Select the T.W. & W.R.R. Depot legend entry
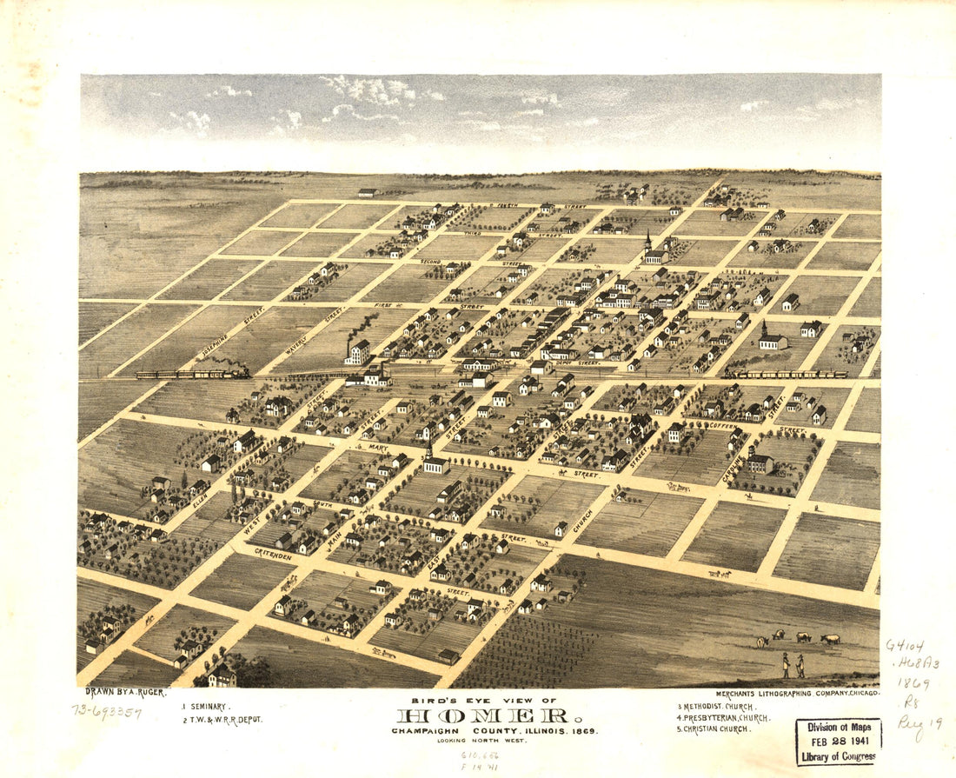tap(223, 720)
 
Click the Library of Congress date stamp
tap(839, 741)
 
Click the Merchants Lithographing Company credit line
tap(798, 693)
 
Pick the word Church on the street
tap(582, 520)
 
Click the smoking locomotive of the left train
tap(235, 372)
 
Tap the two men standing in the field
tap(792, 666)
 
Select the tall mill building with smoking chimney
tap(357, 351)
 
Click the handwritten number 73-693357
tap(107, 711)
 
